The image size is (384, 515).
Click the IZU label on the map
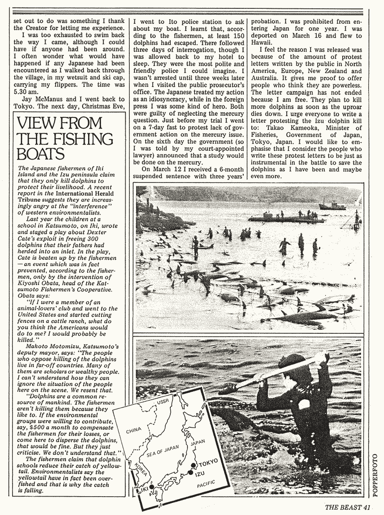tap(201, 474)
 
